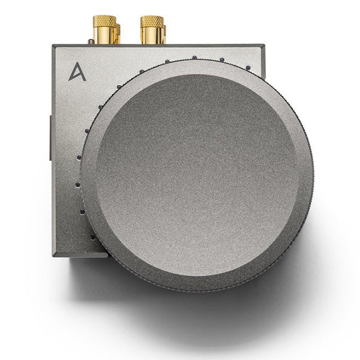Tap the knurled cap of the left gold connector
pos(103,22)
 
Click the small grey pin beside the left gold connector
pos(89,41)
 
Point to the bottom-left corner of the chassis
pos(54,255)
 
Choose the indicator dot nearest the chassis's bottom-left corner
pos(93,238)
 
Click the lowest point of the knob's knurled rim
pos(198,291)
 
